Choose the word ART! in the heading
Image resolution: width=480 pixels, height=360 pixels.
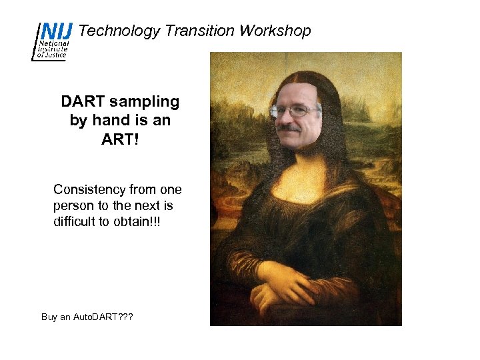point(120,139)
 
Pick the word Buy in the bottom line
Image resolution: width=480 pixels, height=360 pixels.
point(50,317)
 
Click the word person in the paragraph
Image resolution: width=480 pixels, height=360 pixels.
point(73,205)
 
